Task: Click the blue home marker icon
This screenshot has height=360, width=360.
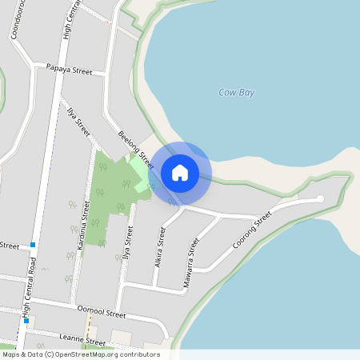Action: (x=180, y=172)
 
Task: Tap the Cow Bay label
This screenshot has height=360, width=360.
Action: (x=236, y=93)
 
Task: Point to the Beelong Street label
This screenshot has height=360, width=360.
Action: (x=134, y=149)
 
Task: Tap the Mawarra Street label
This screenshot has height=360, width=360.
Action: (x=190, y=255)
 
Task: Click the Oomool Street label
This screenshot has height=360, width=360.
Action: (x=101, y=308)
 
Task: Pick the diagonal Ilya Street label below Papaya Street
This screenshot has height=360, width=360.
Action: (x=78, y=118)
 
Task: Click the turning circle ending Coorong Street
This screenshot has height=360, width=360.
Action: (x=320, y=198)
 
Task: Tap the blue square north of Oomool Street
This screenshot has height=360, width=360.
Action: (x=33, y=245)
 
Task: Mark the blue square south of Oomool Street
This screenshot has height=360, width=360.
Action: (x=26, y=320)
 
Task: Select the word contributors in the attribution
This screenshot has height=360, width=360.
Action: (x=139, y=354)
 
